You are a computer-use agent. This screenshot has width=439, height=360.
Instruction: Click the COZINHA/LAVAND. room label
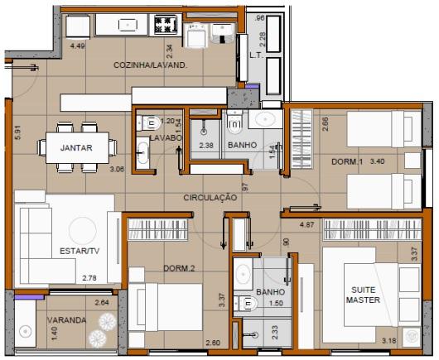(x=150, y=64)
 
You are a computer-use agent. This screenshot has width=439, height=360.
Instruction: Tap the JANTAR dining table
(x=75, y=149)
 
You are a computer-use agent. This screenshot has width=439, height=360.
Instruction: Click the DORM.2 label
(x=178, y=268)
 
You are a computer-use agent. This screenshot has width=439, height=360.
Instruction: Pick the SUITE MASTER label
(x=363, y=294)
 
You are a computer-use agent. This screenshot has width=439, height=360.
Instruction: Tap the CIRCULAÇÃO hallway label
(x=210, y=198)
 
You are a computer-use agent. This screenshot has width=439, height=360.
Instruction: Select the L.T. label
(x=256, y=57)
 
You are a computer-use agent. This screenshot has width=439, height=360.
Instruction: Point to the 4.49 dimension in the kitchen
(x=79, y=46)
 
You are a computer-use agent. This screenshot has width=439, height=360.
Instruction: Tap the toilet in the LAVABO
(x=150, y=123)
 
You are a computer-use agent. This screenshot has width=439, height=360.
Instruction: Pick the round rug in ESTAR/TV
(x=83, y=229)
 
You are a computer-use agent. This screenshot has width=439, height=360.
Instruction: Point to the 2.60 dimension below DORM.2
(x=212, y=343)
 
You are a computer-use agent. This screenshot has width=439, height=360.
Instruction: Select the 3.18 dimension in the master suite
(x=388, y=340)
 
